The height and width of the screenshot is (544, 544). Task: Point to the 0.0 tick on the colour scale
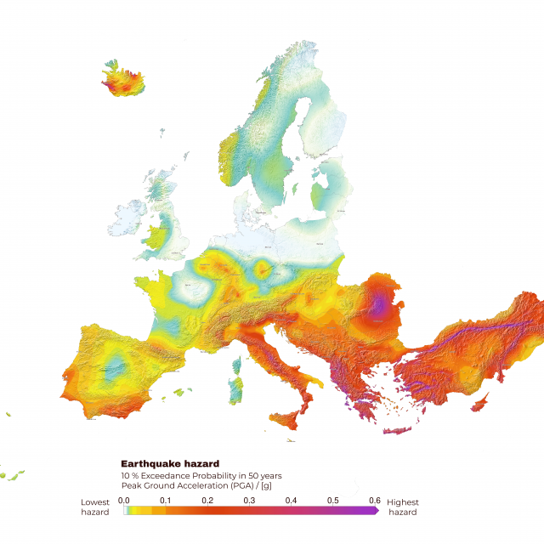click(124, 500)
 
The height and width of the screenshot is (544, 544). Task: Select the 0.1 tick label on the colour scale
click(166, 500)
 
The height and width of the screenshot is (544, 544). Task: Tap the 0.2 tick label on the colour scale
click(207, 500)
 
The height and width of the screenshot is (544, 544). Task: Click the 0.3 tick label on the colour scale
click(249, 500)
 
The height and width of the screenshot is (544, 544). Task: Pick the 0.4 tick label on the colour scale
click(291, 500)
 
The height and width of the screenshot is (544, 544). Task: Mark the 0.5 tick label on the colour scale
click(332, 500)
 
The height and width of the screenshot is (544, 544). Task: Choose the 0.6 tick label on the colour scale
click(374, 500)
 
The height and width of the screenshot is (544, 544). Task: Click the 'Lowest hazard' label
click(95, 507)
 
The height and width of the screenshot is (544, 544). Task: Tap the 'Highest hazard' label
click(403, 507)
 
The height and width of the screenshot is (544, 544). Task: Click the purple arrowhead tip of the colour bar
click(377, 511)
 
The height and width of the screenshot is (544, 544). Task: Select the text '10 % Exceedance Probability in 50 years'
click(201, 475)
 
